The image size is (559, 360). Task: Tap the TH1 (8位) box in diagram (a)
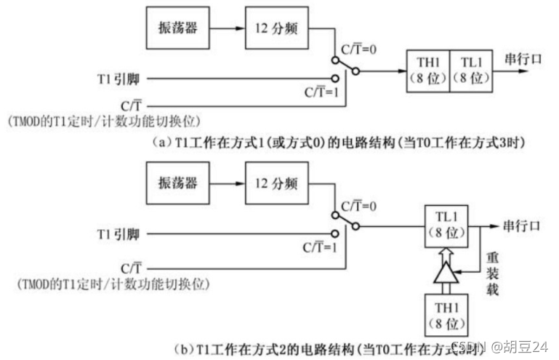[x=427, y=71]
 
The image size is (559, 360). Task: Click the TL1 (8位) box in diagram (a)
[x=472, y=71]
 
